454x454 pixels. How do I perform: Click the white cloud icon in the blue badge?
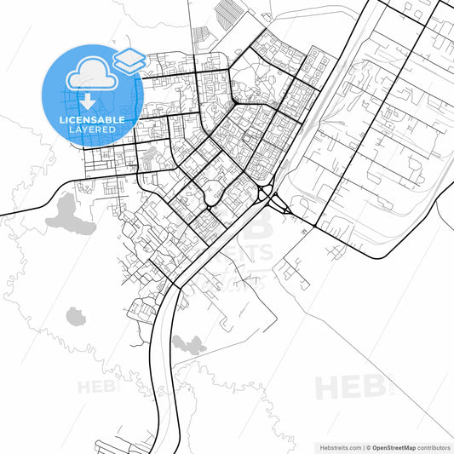point(91,72)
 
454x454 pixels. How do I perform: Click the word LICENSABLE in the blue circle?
point(92,120)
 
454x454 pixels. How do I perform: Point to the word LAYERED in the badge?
point(92,131)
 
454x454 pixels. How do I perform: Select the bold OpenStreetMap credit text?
point(397,446)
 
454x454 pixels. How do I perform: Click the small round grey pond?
point(76,316)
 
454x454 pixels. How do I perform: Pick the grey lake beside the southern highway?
point(188,344)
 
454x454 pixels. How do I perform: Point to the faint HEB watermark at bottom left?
point(95,387)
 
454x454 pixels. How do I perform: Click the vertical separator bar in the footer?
point(361,446)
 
